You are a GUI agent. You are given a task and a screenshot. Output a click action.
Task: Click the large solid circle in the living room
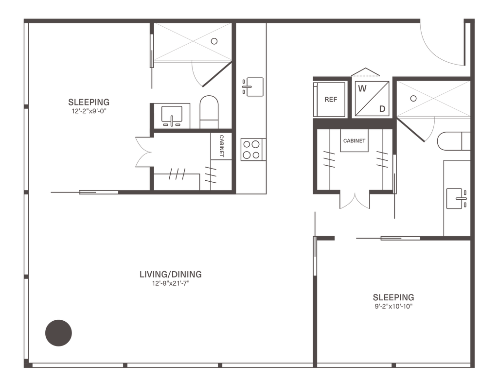coord(58,333)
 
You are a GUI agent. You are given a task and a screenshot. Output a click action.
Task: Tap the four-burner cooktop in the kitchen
coord(252,150)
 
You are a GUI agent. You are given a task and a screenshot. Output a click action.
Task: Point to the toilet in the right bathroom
coord(452,141)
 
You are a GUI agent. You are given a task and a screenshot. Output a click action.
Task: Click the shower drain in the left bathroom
coord(214,41)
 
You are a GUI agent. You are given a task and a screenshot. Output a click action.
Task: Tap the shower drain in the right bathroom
coord(413,99)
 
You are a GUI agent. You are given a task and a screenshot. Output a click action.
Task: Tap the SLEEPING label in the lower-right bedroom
coord(394,297)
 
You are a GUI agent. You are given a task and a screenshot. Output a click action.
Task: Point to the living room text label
coord(170,275)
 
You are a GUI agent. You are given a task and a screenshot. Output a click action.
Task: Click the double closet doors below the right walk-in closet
coord(355,200)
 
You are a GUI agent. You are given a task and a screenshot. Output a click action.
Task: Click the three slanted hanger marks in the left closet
coord(177,174)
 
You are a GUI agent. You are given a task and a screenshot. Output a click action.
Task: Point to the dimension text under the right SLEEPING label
coord(394,307)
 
